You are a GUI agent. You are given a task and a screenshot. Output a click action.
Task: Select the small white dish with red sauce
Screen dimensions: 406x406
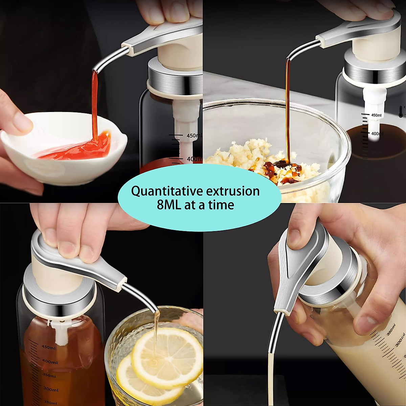[64, 149]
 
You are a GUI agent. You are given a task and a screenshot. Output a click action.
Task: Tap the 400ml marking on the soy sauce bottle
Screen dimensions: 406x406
[377, 134]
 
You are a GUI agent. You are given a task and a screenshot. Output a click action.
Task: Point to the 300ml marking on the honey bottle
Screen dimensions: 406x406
[51, 389]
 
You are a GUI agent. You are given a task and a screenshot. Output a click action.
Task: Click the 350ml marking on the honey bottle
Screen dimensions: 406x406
[49, 376]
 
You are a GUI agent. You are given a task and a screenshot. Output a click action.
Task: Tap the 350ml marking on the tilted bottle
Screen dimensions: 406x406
[391, 330]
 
